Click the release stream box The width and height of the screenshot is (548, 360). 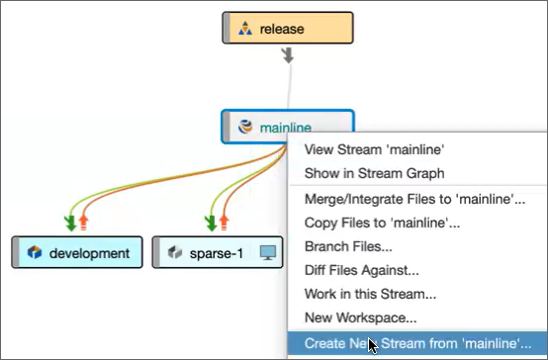coord(288,28)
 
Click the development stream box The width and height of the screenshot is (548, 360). coord(77,252)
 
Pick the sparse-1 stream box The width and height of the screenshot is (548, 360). coord(218,252)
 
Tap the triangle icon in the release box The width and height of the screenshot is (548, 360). coord(245,29)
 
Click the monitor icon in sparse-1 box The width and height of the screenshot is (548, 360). coord(268,252)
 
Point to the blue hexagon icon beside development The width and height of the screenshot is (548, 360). coord(35,252)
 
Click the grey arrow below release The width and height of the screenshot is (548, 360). coord(288,56)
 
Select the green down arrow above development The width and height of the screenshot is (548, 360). coord(70,223)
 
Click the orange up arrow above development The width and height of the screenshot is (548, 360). coord(83,223)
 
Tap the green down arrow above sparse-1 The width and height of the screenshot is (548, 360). coord(211,223)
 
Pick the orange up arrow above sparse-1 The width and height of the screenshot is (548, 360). coord(224,223)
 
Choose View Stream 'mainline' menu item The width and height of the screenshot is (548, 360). coord(374,149)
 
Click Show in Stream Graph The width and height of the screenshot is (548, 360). coord(374,173)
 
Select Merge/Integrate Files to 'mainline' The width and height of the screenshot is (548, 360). coord(414,199)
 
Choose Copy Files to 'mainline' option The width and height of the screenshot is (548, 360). coord(382,223)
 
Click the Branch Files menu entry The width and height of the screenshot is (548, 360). coord(348,246)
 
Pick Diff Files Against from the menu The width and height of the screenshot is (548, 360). coord(361,270)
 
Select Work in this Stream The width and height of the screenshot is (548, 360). coord(370,294)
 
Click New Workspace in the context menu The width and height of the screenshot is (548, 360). coord(360,317)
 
